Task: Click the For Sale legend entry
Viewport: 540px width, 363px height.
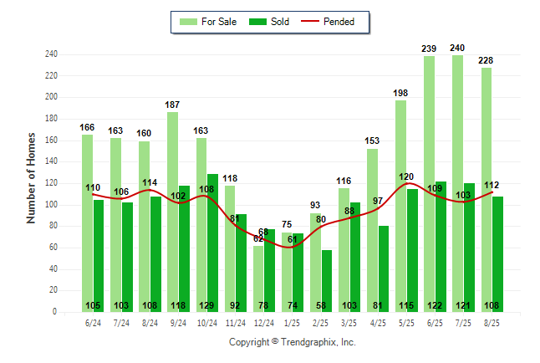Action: (x=208, y=22)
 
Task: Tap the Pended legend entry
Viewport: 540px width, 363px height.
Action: (x=334, y=22)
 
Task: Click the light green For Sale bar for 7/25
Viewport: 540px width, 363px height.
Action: (x=457, y=184)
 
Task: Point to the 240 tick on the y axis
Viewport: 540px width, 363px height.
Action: (x=51, y=54)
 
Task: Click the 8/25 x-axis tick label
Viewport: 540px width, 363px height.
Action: (x=492, y=322)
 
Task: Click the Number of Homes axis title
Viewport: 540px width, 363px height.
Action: (x=32, y=177)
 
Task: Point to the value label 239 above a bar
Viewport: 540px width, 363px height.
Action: (x=429, y=49)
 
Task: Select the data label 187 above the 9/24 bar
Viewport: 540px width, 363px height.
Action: (x=172, y=105)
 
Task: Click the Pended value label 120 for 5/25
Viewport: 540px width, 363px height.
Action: (x=407, y=176)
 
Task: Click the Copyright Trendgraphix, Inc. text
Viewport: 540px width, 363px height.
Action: (x=293, y=342)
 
